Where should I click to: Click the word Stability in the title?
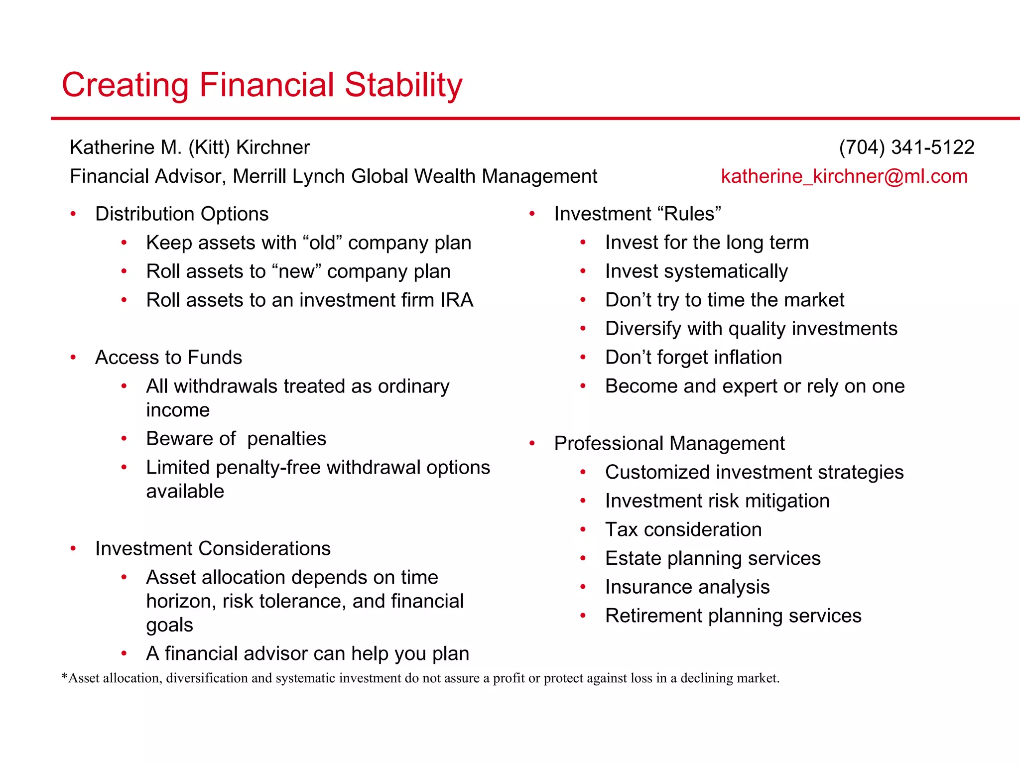click(403, 85)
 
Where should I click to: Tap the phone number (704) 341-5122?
click(906, 147)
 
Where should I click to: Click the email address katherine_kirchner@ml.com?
click(844, 176)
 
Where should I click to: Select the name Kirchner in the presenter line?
click(273, 147)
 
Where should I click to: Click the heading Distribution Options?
click(182, 214)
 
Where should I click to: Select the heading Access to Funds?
click(168, 358)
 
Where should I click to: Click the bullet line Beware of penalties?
click(236, 439)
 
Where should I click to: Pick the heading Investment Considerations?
click(213, 549)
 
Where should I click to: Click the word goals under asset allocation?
click(169, 625)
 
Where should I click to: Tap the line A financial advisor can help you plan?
click(307, 654)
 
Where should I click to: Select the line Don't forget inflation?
click(693, 358)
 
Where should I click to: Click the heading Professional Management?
click(669, 444)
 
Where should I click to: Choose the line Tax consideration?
click(683, 530)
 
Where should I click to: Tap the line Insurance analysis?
click(687, 587)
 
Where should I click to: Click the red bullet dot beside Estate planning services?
click(583, 559)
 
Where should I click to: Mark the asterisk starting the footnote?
click(64, 677)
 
